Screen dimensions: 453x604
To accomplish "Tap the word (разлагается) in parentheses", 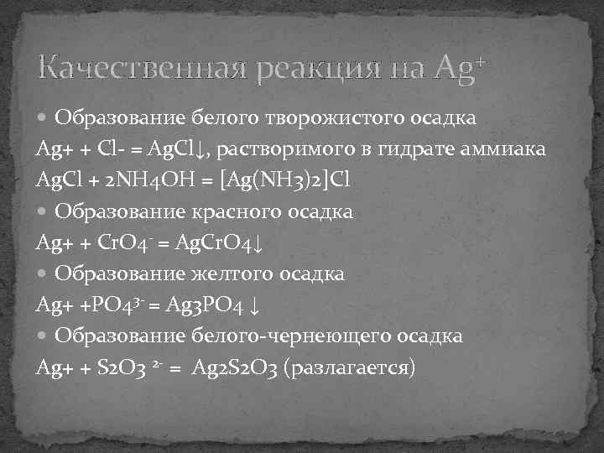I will (x=350, y=368).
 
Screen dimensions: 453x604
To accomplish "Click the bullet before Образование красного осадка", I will (x=44, y=212).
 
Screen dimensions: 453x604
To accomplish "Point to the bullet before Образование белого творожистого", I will (x=44, y=118).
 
